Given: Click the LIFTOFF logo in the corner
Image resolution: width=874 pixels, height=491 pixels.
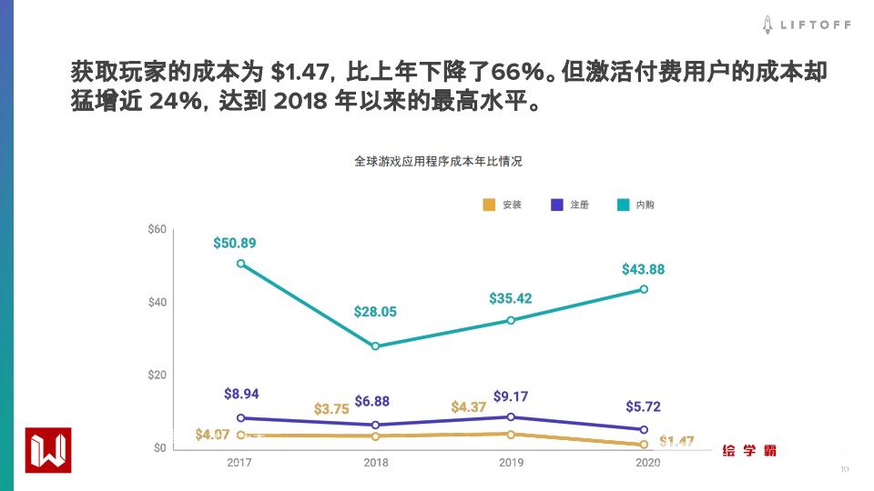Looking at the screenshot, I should pyautogui.click(x=807, y=25).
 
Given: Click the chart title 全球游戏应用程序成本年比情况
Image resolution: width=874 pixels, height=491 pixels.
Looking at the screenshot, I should pyautogui.click(x=439, y=161).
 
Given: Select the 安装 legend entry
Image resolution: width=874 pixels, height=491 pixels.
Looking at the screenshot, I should pyautogui.click(x=502, y=205).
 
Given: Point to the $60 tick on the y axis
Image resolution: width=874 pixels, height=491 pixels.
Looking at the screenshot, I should pyautogui.click(x=157, y=229).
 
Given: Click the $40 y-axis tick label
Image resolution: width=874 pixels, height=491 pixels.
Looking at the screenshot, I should pyautogui.click(x=157, y=302).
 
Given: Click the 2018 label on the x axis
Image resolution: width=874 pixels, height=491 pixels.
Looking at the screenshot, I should pyautogui.click(x=376, y=463).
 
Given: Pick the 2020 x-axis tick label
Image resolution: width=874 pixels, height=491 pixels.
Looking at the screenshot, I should pyautogui.click(x=644, y=463).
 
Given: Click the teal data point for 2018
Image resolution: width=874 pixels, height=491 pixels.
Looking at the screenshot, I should pyautogui.click(x=375, y=346).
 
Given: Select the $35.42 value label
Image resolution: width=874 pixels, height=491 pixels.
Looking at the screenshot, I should pyautogui.click(x=511, y=298).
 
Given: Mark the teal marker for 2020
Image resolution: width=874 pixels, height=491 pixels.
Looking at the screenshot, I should pyautogui.click(x=644, y=289).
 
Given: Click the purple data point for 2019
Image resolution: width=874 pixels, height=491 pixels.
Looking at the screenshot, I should pyautogui.click(x=511, y=417).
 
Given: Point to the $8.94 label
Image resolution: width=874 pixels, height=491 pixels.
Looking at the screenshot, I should pyautogui.click(x=241, y=394).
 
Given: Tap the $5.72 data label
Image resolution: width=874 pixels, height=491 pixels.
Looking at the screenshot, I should pyautogui.click(x=644, y=406).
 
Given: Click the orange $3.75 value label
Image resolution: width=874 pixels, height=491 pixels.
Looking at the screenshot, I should pyautogui.click(x=331, y=409).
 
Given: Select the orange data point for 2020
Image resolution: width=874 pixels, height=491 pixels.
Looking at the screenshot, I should pyautogui.click(x=644, y=445).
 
